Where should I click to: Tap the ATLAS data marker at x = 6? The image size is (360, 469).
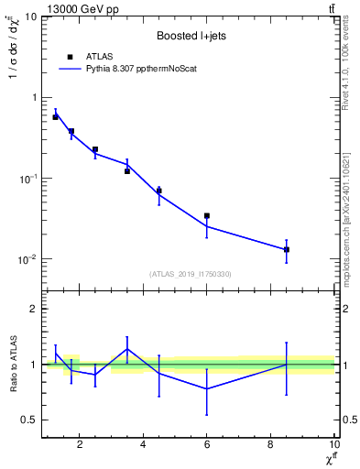tap(207, 216)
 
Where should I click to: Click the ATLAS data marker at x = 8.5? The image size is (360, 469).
tap(286, 249)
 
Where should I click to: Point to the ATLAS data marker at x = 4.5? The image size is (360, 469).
tap(159, 191)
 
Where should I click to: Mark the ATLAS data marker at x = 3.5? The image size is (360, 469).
tap(127, 171)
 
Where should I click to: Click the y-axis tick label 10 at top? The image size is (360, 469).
tap(30, 17)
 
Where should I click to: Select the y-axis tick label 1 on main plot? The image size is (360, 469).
tap(33, 98)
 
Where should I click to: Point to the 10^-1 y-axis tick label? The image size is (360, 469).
tap(27, 178)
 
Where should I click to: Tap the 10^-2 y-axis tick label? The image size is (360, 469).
tap(27, 258)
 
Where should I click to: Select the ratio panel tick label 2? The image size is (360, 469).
tap(33, 310)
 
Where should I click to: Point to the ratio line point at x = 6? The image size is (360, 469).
tap(207, 388)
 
